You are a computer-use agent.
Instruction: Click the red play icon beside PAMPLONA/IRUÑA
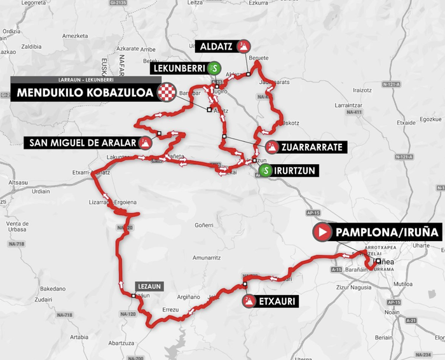322,232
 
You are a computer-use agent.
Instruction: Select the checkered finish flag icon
167,93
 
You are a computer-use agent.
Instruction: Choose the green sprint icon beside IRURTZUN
266,170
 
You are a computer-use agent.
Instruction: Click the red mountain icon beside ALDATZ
243,46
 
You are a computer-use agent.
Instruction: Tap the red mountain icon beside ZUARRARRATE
272,147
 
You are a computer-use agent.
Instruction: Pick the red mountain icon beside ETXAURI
247,301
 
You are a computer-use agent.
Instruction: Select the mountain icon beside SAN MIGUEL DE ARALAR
146,142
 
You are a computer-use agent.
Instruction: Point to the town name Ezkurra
258,3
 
